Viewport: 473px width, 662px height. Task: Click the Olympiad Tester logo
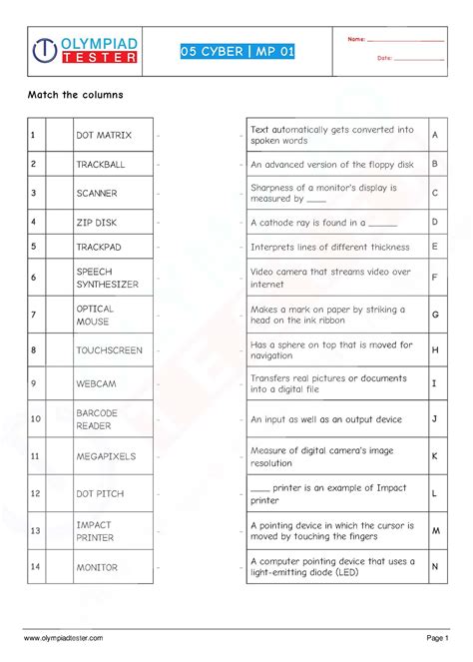click(x=85, y=51)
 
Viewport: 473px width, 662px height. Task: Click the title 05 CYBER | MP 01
click(x=237, y=52)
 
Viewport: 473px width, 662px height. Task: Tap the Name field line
click(x=405, y=40)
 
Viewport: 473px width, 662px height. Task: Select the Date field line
click(x=418, y=59)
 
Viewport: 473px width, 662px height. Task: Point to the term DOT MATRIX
click(x=103, y=135)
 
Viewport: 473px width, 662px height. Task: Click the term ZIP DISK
click(x=97, y=223)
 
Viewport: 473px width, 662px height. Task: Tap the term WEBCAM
click(x=96, y=383)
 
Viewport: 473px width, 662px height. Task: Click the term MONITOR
click(x=97, y=567)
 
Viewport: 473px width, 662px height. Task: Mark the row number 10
click(x=35, y=418)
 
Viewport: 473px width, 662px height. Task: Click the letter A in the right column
click(x=435, y=135)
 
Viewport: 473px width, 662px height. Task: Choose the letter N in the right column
click(x=435, y=567)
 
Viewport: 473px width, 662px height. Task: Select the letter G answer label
click(x=435, y=314)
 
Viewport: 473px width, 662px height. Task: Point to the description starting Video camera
click(x=330, y=278)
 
